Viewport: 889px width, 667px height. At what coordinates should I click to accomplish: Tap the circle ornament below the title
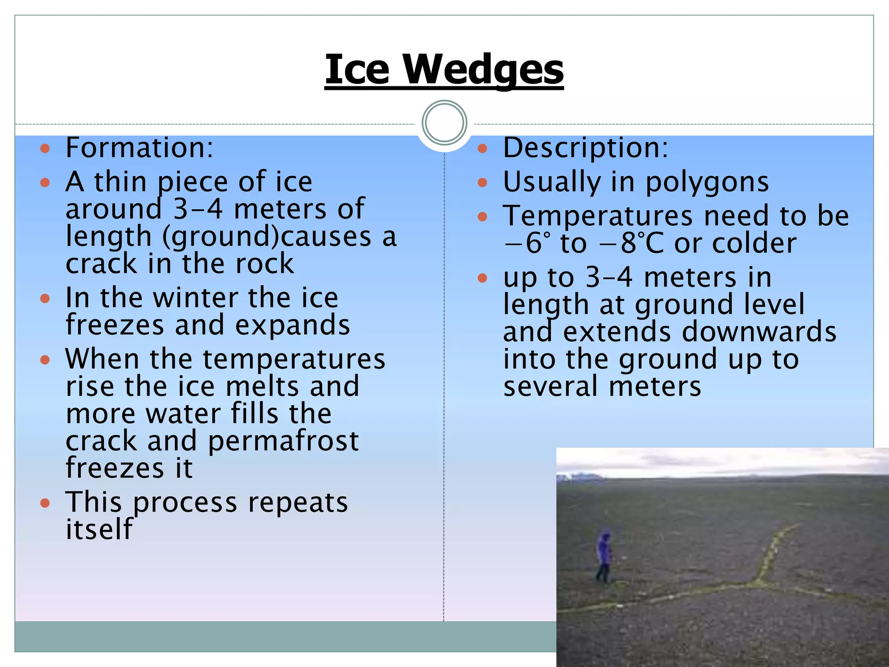pyautogui.click(x=444, y=123)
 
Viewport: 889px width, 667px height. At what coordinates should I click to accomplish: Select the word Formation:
pyautogui.click(x=139, y=148)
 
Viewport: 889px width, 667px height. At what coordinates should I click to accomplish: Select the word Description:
pyautogui.click(x=585, y=148)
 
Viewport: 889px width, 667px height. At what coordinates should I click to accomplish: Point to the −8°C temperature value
pyautogui.click(x=631, y=243)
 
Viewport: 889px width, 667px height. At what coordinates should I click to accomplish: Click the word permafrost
pyautogui.click(x=283, y=441)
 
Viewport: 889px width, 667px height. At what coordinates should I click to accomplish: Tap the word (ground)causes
pyautogui.click(x=267, y=237)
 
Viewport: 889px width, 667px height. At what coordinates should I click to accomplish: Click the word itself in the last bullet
pyautogui.click(x=99, y=530)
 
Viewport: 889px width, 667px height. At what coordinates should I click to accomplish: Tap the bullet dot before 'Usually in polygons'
pyautogui.click(x=482, y=182)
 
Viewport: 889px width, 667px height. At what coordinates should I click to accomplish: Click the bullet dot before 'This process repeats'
pyautogui.click(x=45, y=503)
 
